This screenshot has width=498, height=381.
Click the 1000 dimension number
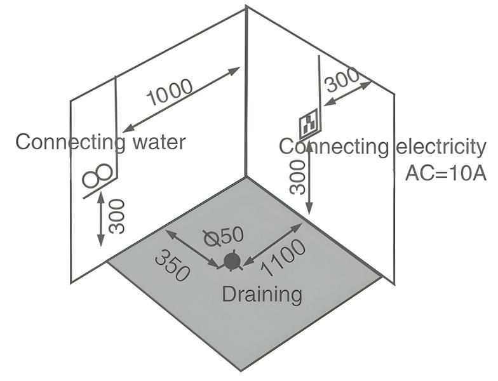[170, 93]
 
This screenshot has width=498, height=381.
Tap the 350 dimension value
[172, 265]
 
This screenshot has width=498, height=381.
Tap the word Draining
[262, 294]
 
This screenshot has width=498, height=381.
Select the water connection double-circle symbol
[99, 175]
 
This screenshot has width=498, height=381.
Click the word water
[159, 141]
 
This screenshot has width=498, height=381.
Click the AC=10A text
[445, 173]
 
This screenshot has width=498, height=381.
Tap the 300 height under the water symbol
[117, 216]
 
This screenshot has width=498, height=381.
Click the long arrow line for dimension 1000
[181, 99]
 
